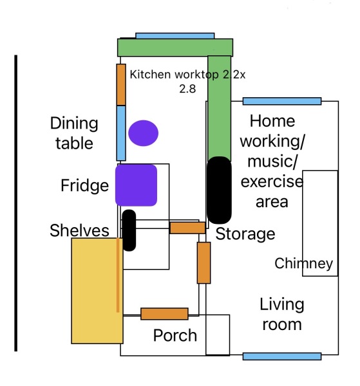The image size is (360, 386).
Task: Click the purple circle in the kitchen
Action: (143, 133)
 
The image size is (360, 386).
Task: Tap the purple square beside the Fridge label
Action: (137, 185)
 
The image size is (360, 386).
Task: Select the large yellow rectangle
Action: (97, 291)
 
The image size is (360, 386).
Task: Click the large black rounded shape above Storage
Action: (219, 190)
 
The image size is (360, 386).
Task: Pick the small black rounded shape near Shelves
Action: (129, 230)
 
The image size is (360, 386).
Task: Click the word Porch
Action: (175, 335)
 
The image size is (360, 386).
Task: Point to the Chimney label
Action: (303, 264)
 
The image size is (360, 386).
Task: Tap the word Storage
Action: (245, 234)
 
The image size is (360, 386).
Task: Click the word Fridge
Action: (84, 186)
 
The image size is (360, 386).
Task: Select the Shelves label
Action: (79, 230)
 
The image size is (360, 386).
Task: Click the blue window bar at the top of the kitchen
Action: (175, 36)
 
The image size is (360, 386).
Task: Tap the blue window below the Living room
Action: (282, 356)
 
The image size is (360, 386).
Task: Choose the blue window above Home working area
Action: (282, 101)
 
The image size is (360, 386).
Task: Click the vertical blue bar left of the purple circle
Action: (121, 133)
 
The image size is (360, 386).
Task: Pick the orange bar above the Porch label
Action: (164, 314)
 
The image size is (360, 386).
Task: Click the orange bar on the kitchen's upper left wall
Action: (121, 85)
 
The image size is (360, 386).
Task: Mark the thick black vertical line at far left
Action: (15, 203)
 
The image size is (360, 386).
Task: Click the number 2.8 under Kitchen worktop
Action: (187, 89)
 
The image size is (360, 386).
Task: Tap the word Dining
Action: (74, 124)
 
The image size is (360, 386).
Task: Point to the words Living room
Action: (282, 315)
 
